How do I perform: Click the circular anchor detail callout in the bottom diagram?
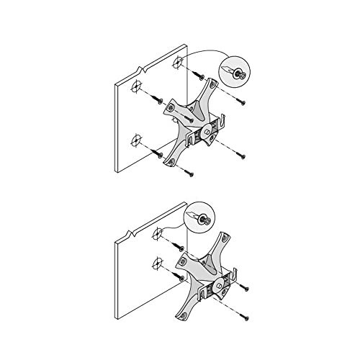(200, 217)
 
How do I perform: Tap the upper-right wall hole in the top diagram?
(177, 65)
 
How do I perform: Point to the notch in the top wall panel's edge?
(145, 71)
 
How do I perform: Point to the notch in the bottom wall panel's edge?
(129, 233)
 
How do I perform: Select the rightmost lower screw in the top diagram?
(242, 156)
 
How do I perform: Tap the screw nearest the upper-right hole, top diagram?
(202, 76)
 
